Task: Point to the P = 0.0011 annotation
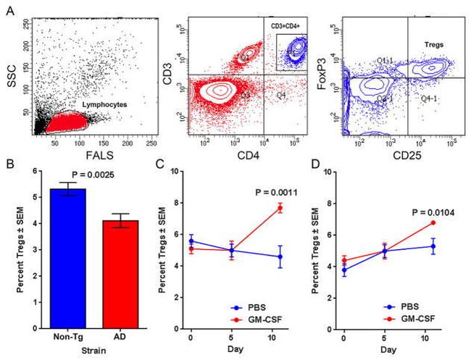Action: point(278,192)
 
